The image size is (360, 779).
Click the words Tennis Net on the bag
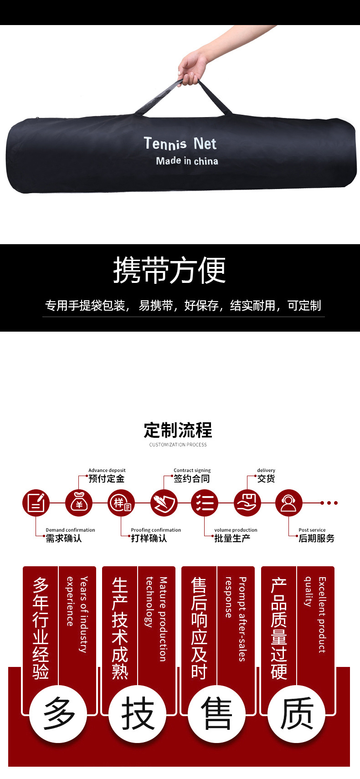(180, 143)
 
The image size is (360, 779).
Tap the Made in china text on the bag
(187, 161)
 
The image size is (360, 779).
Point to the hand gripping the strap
(191, 68)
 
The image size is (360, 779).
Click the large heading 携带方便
(170, 270)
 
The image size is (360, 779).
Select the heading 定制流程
(178, 430)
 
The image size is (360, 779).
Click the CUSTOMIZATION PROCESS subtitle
(178, 445)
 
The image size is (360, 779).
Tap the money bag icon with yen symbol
(79, 503)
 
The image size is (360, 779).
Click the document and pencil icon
(36, 503)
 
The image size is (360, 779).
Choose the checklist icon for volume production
(205, 503)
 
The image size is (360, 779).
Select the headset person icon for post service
(288, 503)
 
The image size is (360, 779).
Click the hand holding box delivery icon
(247, 503)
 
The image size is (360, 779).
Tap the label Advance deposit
(107, 470)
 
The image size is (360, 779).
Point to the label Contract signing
(192, 470)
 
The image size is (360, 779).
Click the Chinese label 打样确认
(149, 538)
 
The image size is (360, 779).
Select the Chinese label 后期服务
(316, 538)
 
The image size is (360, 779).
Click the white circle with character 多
(58, 714)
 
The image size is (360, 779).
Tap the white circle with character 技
(138, 714)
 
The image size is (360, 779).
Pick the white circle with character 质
(297, 714)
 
